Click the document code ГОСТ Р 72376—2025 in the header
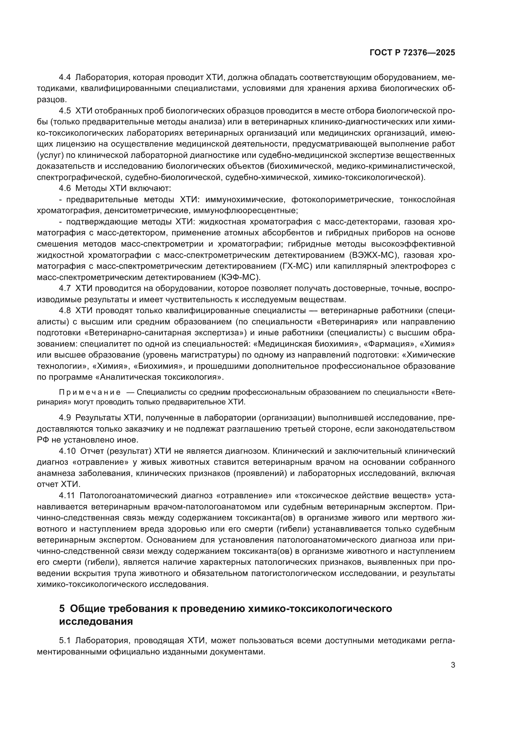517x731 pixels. (412, 53)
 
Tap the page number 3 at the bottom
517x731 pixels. (453, 665)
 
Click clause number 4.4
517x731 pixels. (65, 78)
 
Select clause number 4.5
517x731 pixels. (65, 111)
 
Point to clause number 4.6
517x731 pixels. (65, 188)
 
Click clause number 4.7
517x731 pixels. (65, 288)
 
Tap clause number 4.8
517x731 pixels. (65, 310)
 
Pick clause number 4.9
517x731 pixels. (65, 418)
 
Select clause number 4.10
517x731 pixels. (67, 451)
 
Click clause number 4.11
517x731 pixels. (67, 495)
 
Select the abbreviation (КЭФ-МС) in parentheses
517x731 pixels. (239, 277)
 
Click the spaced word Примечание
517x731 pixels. (90, 392)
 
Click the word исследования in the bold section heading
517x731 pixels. (96, 621)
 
